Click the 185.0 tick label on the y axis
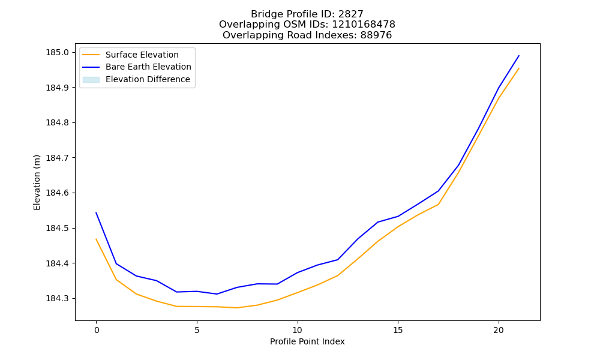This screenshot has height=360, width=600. pos(58,52)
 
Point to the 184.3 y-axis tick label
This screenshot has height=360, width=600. pos(58,298)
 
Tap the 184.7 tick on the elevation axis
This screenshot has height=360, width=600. pos(58,158)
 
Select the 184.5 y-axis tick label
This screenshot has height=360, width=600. pos(58,229)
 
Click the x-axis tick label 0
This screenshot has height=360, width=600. pos(97,330)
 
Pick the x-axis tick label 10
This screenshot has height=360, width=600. pos(298,330)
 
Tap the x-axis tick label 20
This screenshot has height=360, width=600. pos(499,330)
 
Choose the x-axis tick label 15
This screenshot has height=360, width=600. pos(398,330)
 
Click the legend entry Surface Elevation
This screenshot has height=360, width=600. pos(142,55)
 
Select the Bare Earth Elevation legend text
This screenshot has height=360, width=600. pos(148,67)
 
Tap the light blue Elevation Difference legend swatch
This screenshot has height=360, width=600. pos(91,80)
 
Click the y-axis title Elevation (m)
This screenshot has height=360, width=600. pos(37,182)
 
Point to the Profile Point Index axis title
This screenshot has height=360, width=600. pos(307,341)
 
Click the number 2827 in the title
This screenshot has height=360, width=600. pos(351,14)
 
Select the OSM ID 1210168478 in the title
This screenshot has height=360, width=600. pos(364,25)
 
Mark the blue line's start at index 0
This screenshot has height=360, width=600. pos(96,212)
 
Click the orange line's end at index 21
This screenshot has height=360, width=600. pos(519,68)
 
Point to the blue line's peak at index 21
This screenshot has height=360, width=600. pos(519,56)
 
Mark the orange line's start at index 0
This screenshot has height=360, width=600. pos(96,239)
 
